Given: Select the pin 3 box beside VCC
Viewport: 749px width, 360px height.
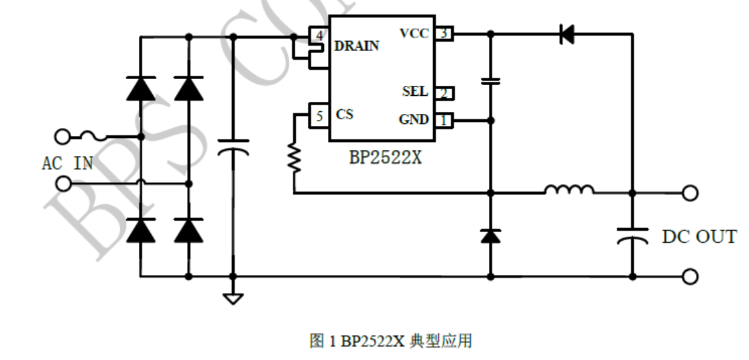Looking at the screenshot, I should click(x=443, y=34).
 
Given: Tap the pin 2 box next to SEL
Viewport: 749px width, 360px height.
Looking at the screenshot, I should click(x=443, y=93).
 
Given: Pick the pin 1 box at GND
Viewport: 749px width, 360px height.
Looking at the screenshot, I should click(x=443, y=121).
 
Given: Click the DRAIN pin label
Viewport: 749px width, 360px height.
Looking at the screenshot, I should click(x=356, y=46).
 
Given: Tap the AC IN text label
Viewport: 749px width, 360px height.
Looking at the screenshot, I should click(x=67, y=164).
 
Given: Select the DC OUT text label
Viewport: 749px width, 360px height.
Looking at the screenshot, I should click(x=699, y=237).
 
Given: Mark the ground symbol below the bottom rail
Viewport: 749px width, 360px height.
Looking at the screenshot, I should click(x=233, y=298).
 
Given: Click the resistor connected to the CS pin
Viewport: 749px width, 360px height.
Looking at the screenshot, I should click(x=294, y=158).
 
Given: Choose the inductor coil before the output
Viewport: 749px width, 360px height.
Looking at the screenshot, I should click(x=569, y=190).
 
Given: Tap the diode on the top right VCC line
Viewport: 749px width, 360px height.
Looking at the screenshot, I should click(x=567, y=34).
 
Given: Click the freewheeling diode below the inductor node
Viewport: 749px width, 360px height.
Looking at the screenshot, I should click(x=491, y=235).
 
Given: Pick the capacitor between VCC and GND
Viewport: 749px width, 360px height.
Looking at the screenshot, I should click(x=491, y=82).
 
